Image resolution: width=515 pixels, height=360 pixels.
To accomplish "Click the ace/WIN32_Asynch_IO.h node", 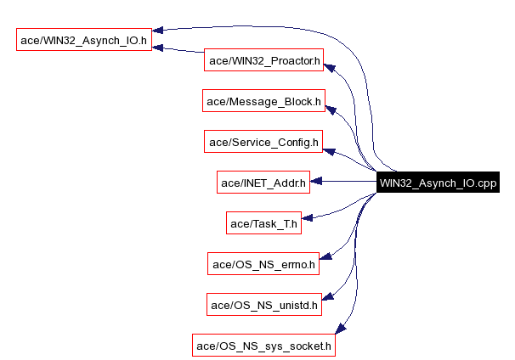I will click(x=84, y=40).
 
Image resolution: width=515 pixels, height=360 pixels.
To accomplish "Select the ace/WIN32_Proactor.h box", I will click(x=264, y=60).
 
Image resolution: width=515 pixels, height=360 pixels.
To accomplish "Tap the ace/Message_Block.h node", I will click(x=264, y=102).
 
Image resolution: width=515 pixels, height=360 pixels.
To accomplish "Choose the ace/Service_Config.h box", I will click(x=263, y=143).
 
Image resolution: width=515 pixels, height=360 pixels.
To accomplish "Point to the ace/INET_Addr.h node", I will click(x=263, y=183).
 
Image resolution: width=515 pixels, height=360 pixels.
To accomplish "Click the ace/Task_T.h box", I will click(x=263, y=223).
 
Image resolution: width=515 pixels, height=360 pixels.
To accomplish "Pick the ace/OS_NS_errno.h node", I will click(x=263, y=264).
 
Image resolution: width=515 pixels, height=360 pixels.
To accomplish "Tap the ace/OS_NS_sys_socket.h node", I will click(x=263, y=346).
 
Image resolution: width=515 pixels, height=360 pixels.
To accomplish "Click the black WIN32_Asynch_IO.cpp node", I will click(x=438, y=183).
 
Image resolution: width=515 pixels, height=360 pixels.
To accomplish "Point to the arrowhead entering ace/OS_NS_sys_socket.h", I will click(x=340, y=329).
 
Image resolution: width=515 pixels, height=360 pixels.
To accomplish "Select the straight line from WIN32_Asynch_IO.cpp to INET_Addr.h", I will click(x=344, y=182).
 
